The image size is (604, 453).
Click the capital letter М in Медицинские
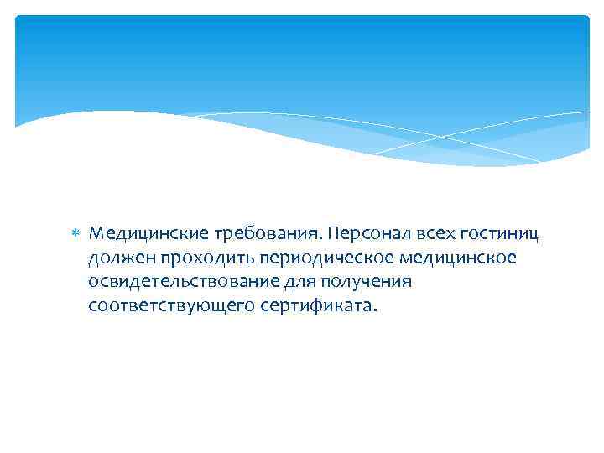95,232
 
